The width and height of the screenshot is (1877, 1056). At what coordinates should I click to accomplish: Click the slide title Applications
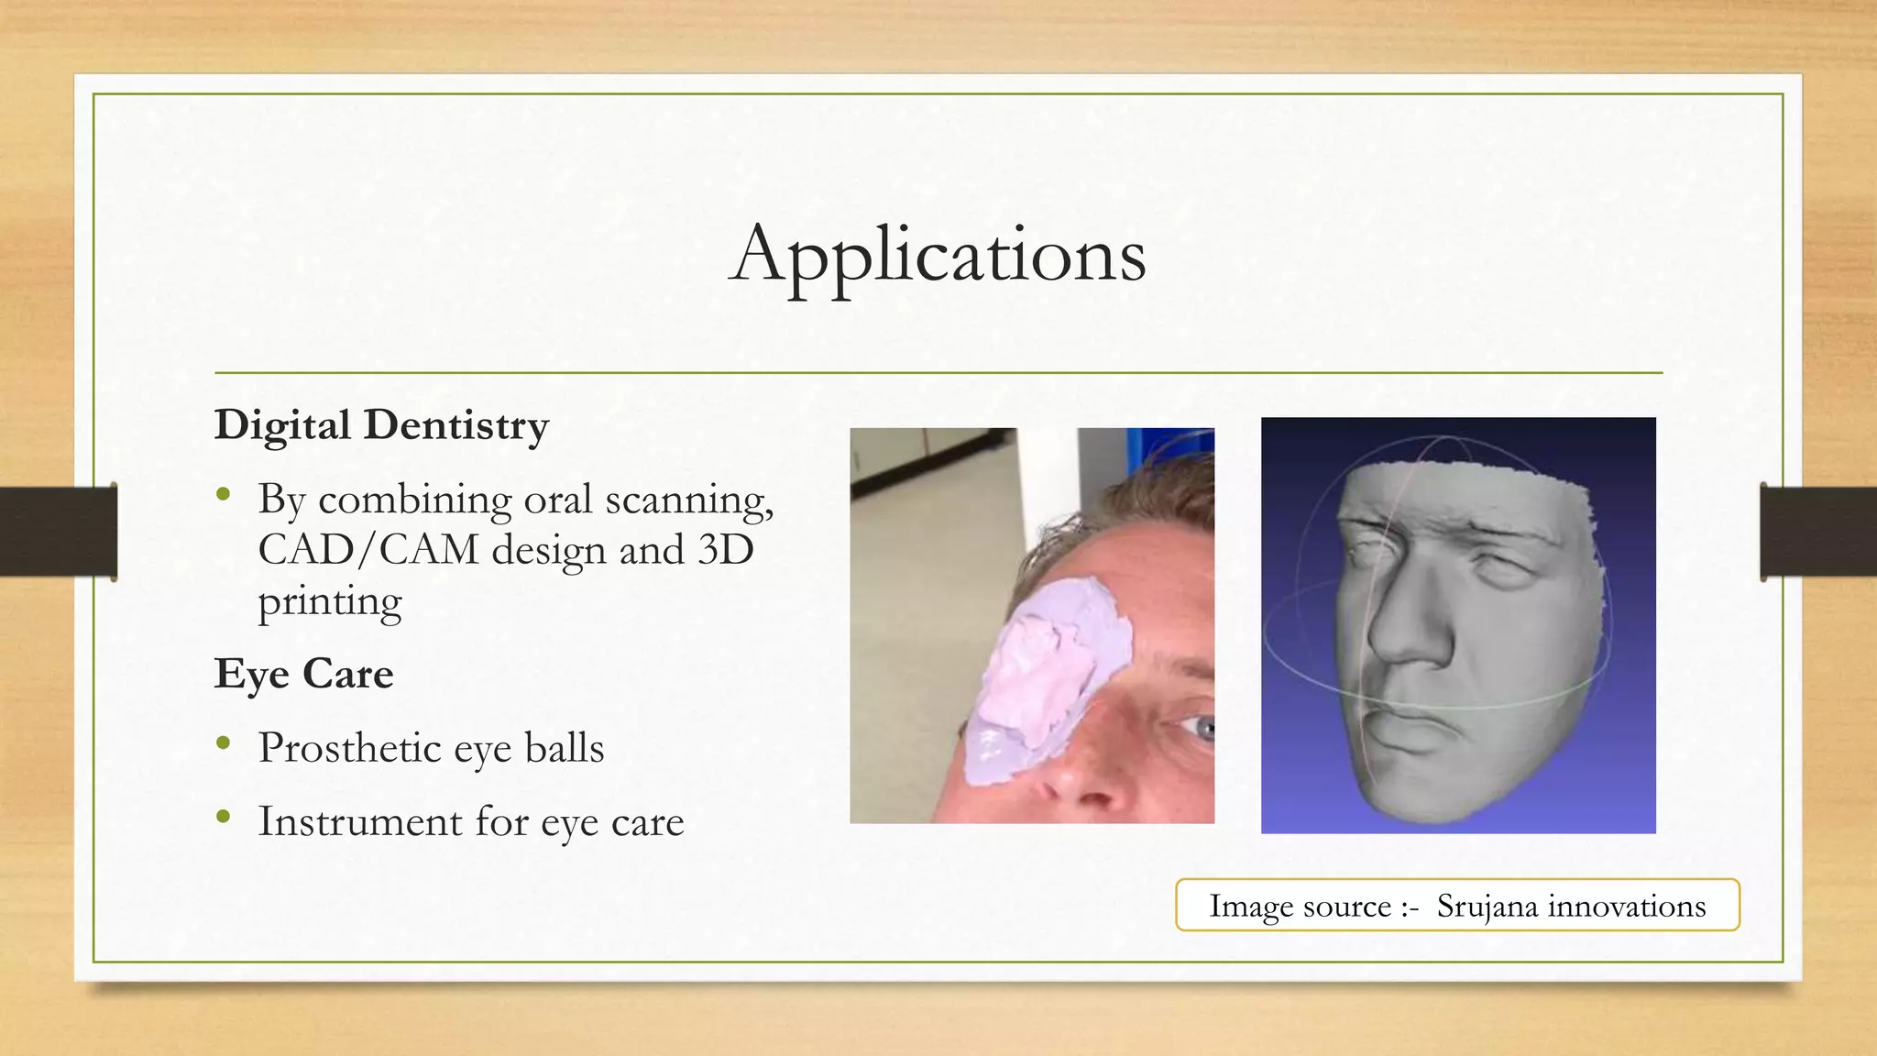pyautogui.click(x=938, y=254)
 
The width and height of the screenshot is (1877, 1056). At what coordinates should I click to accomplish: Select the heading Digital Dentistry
pyautogui.click(x=381, y=425)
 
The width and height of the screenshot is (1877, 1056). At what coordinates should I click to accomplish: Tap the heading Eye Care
pyautogui.click(x=303, y=674)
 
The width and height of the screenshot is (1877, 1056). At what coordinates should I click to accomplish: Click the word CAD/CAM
pyautogui.click(x=368, y=550)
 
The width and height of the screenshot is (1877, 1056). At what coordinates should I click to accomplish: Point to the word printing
pyautogui.click(x=330, y=602)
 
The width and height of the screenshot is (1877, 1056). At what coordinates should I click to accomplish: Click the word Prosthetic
pyautogui.click(x=350, y=748)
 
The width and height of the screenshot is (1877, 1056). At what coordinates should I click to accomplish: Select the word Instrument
pyautogui.click(x=360, y=821)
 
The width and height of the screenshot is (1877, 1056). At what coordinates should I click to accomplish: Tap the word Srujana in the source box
pyautogui.click(x=1487, y=906)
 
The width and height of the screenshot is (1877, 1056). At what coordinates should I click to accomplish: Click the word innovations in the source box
pyautogui.click(x=1627, y=906)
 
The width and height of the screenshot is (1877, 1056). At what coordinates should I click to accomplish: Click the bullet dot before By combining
pyautogui.click(x=224, y=495)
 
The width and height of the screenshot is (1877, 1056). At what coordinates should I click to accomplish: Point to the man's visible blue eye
pyautogui.click(x=1202, y=729)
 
